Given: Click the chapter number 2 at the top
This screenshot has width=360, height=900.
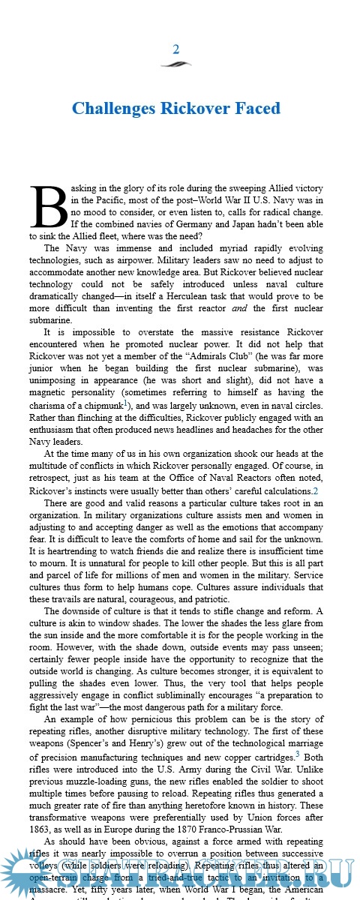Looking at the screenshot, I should pos(176,49).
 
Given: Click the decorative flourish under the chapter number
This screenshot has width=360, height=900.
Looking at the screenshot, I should pos(176,64).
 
